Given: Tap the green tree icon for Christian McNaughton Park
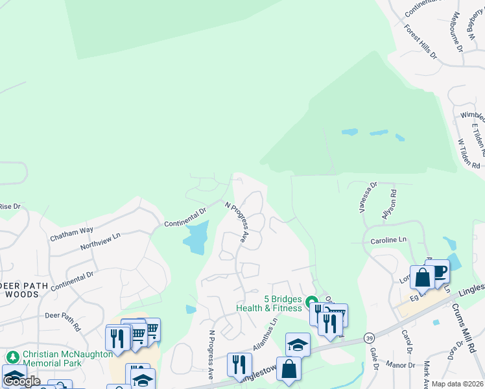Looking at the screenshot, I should [12, 357].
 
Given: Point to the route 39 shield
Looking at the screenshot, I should [369, 338].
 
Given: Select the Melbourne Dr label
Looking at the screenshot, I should [458, 31].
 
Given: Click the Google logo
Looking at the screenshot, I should [21, 381].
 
